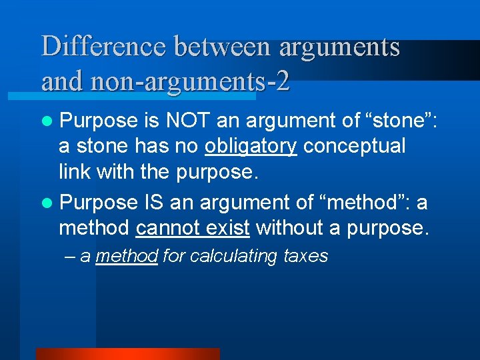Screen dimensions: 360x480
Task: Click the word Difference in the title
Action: pyautogui.click(x=103, y=47)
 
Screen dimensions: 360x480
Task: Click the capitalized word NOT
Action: pyautogui.click(x=190, y=121)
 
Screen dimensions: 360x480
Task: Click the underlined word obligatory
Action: pyautogui.click(x=251, y=146)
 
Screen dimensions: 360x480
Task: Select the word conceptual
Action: pyautogui.click(x=355, y=146)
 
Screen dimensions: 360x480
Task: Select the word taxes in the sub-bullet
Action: pyautogui.click(x=306, y=256)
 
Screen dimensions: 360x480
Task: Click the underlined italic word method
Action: pyautogui.click(x=127, y=256)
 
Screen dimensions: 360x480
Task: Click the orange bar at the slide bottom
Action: pyautogui.click(x=127, y=353)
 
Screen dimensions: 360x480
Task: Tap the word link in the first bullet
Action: pyautogui.click(x=75, y=171)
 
